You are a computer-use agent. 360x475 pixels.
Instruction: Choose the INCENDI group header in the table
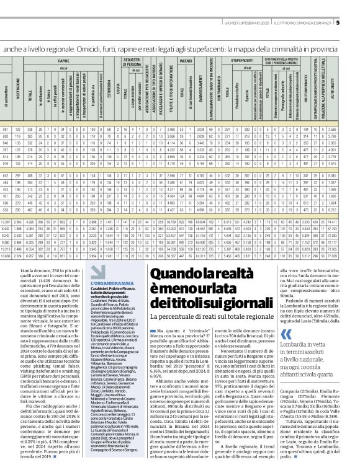186,61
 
